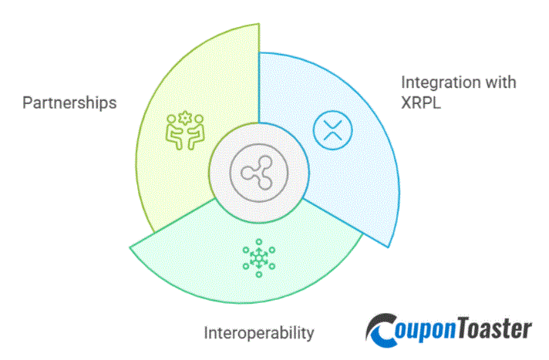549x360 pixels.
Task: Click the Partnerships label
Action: pyautogui.click(x=69, y=103)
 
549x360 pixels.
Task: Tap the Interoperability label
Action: pyautogui.click(x=258, y=333)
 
